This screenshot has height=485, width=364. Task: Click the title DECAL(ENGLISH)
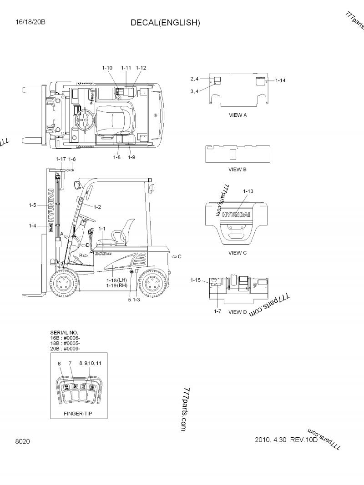coord(165,23)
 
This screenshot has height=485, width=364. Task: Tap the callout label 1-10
coord(107,68)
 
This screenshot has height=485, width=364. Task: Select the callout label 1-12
coord(141,68)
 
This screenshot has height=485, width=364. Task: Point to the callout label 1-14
coord(280,80)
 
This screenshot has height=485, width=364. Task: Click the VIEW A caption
coord(238,115)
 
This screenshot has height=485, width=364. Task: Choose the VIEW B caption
coord(238,169)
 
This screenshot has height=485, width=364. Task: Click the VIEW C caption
coord(238,253)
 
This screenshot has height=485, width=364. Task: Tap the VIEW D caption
coord(238,312)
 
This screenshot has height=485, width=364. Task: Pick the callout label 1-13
coord(248,191)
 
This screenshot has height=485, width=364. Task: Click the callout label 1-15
coord(196,280)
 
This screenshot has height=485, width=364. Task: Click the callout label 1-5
coord(31,205)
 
